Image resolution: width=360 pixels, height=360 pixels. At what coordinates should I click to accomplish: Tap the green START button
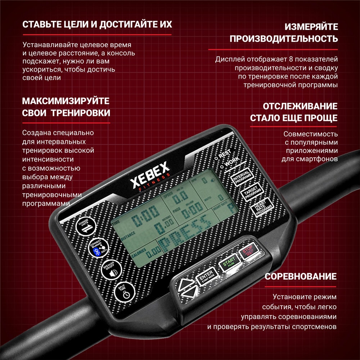[x=229, y=262]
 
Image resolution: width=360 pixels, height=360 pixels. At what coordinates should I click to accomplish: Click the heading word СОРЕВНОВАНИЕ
[x=301, y=276]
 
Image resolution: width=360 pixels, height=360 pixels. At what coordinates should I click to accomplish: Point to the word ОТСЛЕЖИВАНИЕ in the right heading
[x=300, y=106]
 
